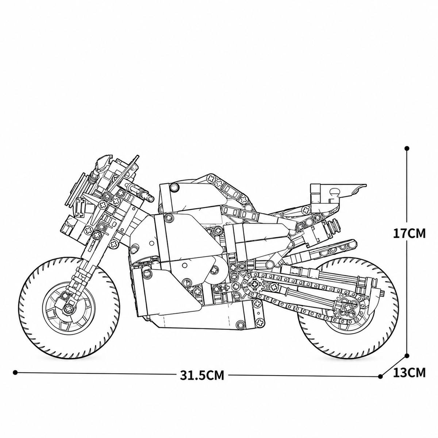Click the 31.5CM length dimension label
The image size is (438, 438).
tap(202, 376)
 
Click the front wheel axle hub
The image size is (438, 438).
tap(68, 308)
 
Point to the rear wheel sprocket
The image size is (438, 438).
tap(348, 307)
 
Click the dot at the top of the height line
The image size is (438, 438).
tap(407, 149)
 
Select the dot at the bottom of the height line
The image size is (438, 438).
tap(407, 356)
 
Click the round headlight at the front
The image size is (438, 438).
tap(77, 189)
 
